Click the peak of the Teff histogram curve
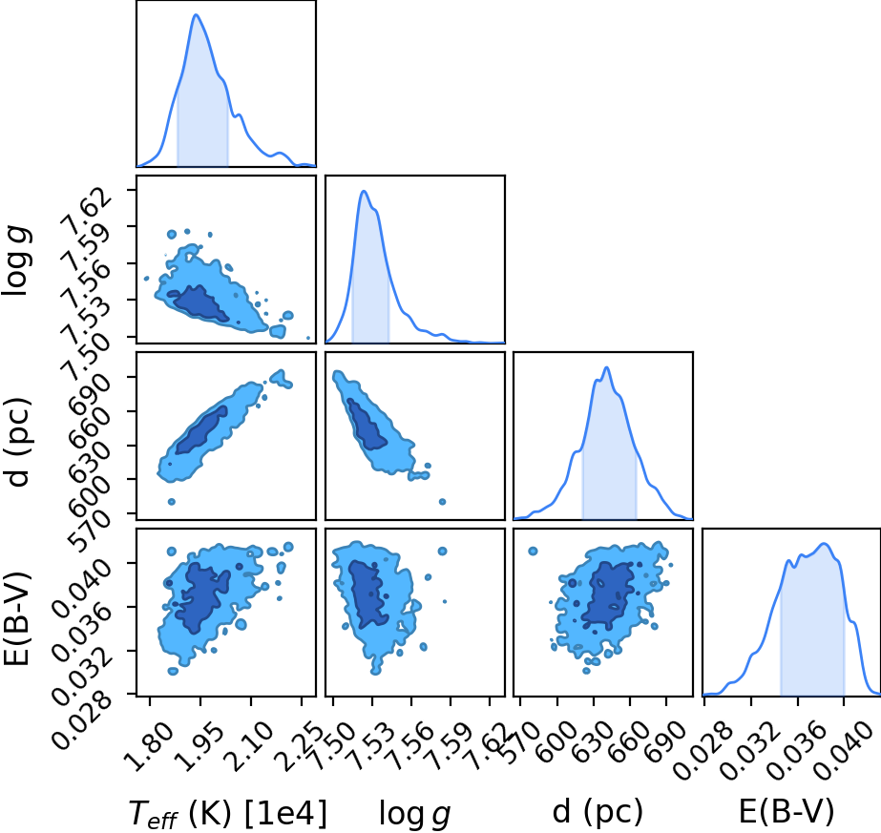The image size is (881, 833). pos(196,14)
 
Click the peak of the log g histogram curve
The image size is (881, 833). pos(364,192)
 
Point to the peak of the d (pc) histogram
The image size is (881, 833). pos(606,367)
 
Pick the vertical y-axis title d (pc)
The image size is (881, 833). pos(17,443)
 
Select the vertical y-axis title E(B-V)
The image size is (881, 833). pos(17,618)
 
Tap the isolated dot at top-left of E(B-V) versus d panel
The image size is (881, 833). pos(533,551)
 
